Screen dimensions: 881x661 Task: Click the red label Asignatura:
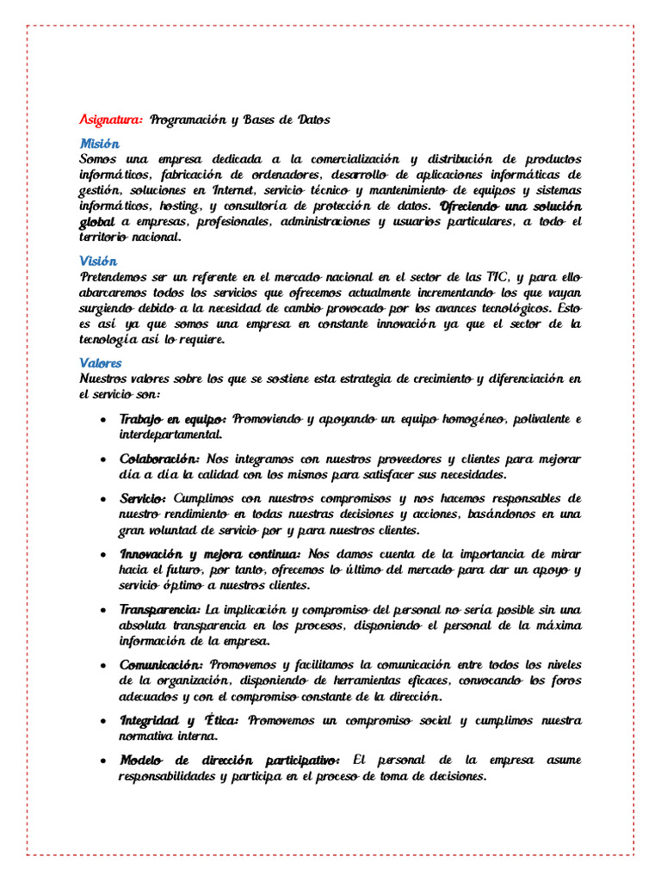point(111,120)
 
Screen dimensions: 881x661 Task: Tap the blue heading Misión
point(99,144)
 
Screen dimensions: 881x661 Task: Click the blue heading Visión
point(98,261)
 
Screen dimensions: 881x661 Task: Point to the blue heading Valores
point(101,363)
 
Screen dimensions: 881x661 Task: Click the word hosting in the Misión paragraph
point(179,206)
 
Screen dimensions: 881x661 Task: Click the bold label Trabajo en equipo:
point(173,419)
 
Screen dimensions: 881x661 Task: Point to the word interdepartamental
point(170,434)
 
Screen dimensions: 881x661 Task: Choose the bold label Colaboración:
point(160,459)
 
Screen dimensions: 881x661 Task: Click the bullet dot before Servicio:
point(103,499)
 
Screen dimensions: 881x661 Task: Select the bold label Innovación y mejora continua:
point(209,553)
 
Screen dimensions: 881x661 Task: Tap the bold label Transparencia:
point(159,609)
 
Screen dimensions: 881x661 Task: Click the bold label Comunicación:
point(161,665)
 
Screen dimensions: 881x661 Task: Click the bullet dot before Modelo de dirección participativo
point(103,761)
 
